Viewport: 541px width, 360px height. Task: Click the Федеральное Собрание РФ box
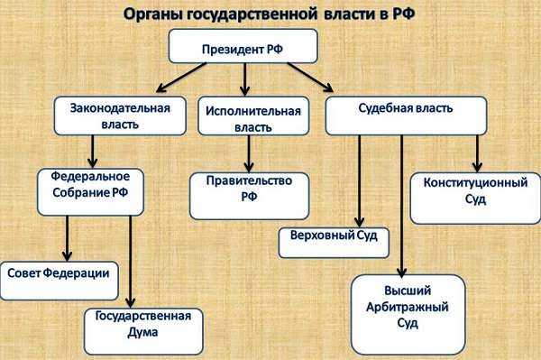[91, 188]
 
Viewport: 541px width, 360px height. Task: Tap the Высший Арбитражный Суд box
[408, 309]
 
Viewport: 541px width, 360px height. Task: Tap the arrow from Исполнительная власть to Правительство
[247, 155]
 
